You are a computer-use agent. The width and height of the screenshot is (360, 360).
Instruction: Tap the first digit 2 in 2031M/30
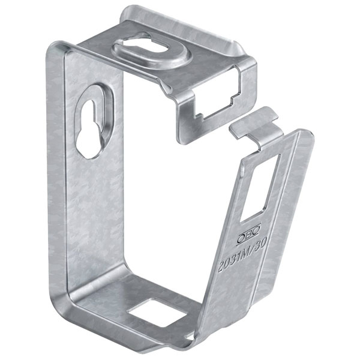coord(221,268)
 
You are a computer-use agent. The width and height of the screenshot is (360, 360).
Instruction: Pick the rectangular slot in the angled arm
coord(260,188)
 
